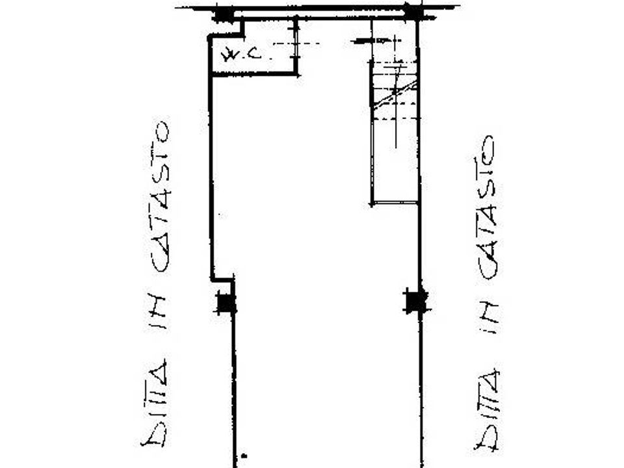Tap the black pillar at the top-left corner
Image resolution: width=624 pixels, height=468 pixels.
pos(223,14)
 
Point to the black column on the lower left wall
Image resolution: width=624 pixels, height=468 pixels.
pos(226,303)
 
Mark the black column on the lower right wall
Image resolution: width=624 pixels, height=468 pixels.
pos(416,300)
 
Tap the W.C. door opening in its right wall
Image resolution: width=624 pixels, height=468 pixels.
pos(296,44)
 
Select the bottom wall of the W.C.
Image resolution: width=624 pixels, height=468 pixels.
pos(255,74)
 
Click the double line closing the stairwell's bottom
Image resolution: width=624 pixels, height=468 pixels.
pos(395,203)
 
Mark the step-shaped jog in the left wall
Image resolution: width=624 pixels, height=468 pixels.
pos(222,279)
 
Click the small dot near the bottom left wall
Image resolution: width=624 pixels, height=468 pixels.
pos(244,456)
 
